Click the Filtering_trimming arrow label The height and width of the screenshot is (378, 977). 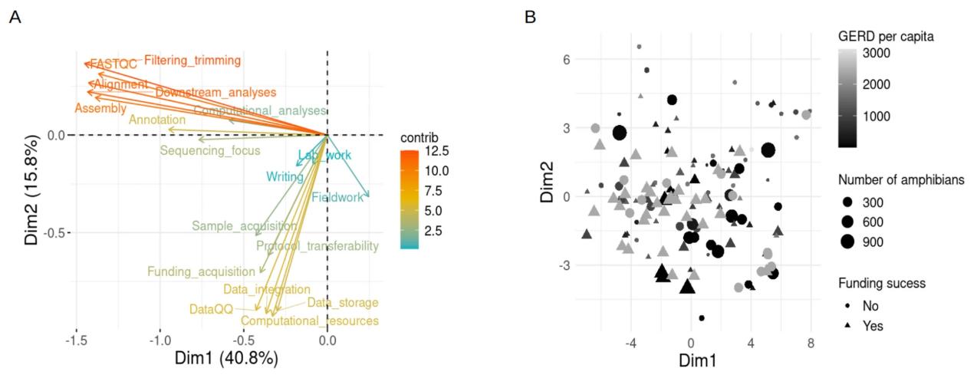(x=192, y=60)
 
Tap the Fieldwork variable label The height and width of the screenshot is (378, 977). (x=337, y=197)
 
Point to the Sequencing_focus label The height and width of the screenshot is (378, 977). (x=210, y=150)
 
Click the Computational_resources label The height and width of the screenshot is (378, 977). (x=309, y=321)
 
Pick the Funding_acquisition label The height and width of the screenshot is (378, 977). (x=201, y=271)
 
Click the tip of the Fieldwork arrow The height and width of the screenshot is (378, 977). (x=370, y=198)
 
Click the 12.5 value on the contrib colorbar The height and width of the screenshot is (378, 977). (x=435, y=150)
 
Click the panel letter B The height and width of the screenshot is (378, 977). (x=529, y=16)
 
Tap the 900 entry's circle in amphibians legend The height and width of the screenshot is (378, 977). (x=847, y=242)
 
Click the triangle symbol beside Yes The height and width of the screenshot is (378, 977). (x=847, y=325)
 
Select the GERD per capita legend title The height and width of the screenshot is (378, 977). (x=886, y=35)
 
